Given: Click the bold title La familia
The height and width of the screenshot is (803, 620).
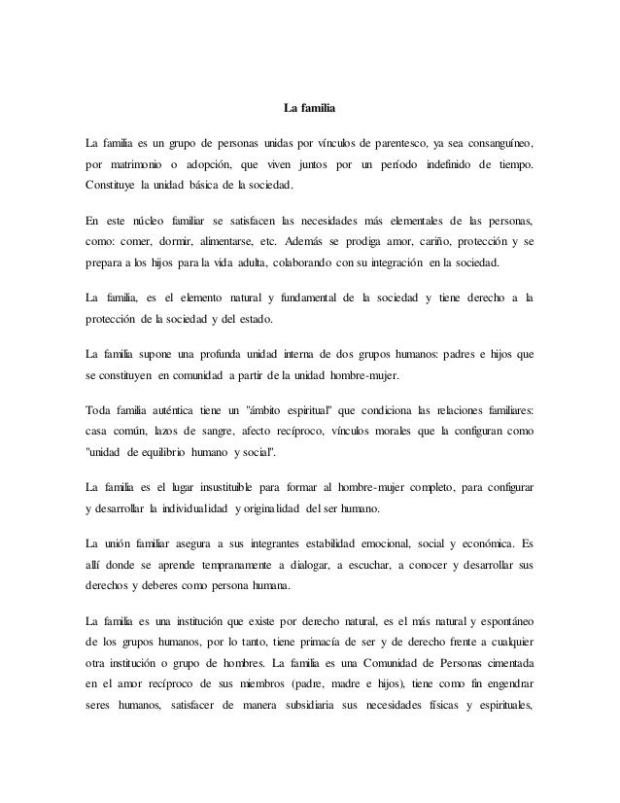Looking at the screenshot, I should [309, 105].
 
